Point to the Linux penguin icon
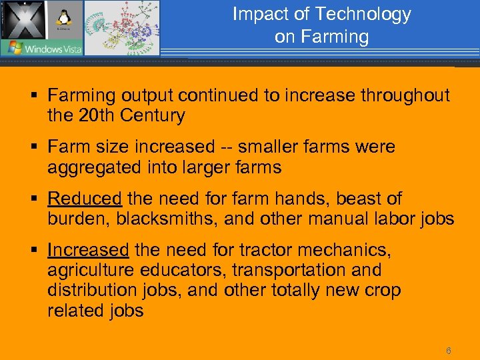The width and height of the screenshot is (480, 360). [x=65, y=17]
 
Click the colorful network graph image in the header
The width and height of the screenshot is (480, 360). [x=121, y=28]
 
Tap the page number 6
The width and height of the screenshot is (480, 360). [x=449, y=351]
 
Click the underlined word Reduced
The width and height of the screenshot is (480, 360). [x=85, y=199]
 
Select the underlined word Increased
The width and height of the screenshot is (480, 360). [x=88, y=250]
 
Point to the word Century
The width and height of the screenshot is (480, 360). [x=153, y=116]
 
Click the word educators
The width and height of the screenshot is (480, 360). [x=189, y=270]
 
